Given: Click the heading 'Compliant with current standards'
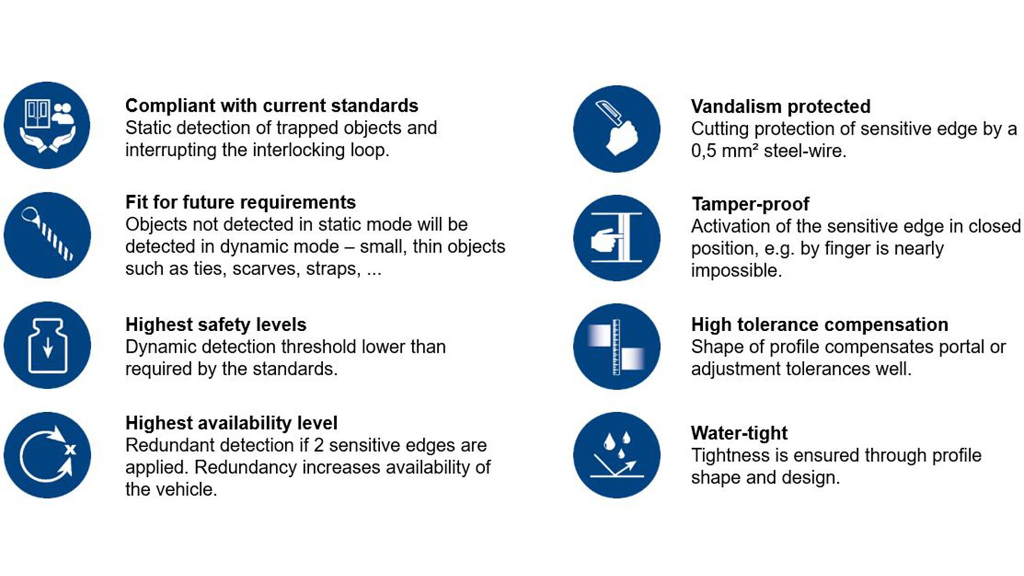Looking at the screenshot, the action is click(271, 106).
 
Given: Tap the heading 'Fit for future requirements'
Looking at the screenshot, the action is click(241, 202).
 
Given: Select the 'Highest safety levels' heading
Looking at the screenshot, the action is click(216, 324).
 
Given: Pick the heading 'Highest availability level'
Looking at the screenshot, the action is click(231, 423).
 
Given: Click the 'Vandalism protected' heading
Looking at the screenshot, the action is click(781, 107).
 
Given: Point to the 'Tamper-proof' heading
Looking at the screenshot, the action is click(750, 204).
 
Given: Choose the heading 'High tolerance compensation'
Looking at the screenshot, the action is click(820, 324).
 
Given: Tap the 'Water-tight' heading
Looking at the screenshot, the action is click(739, 433).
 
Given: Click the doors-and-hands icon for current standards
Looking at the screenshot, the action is click(47, 125).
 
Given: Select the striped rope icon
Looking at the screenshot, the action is click(47, 235).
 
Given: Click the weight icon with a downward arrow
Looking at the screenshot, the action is click(47, 345).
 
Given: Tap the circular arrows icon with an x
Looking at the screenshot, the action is click(47, 455).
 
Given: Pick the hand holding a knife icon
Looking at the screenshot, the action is click(617, 129).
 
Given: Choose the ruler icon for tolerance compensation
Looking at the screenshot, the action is click(617, 347).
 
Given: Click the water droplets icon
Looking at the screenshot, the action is click(617, 455).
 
